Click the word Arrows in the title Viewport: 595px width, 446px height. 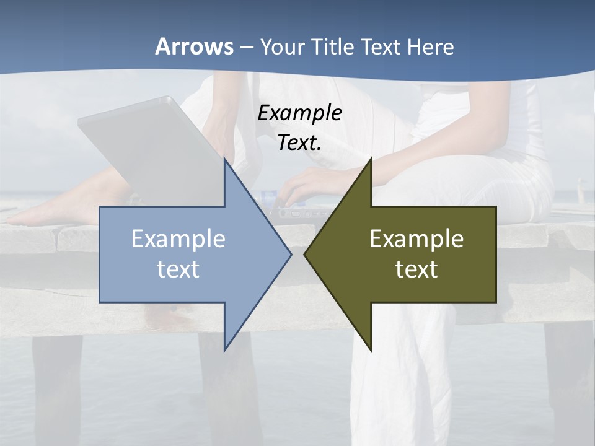[x=195, y=46]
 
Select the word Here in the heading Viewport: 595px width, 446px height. [x=431, y=46]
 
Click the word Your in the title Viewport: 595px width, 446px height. [x=282, y=46]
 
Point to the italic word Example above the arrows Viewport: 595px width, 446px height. [x=300, y=113]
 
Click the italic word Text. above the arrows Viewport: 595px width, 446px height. [x=300, y=143]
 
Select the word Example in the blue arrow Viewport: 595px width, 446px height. [x=178, y=239]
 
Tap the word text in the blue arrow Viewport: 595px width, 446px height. [x=178, y=269]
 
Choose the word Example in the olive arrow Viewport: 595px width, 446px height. [x=416, y=239]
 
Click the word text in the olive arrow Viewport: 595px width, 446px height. [x=416, y=269]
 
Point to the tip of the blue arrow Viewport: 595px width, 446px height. [x=291, y=254]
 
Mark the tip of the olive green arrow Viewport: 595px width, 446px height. [x=304, y=254]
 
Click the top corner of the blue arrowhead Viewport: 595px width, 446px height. [x=224, y=158]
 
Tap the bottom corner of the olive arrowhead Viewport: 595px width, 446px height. [x=371, y=351]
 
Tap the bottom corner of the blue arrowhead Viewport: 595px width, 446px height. [x=224, y=351]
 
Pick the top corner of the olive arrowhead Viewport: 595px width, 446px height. [x=371, y=158]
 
